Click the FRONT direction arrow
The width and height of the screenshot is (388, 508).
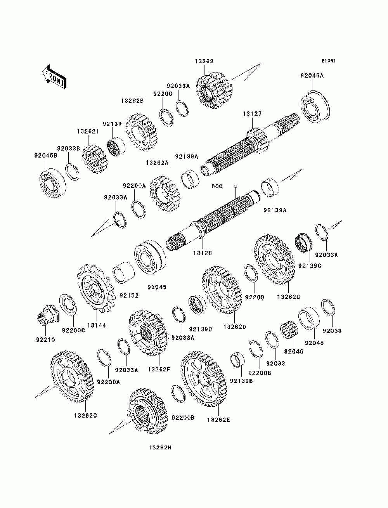(55, 77)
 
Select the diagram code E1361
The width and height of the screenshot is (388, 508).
(329, 61)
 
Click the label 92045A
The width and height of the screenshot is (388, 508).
(312, 76)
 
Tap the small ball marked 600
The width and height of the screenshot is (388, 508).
(235, 186)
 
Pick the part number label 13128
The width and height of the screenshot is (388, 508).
(203, 253)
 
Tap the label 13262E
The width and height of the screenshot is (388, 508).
(219, 420)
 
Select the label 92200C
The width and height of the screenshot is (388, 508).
(73, 330)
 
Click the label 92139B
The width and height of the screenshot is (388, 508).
(241, 381)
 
